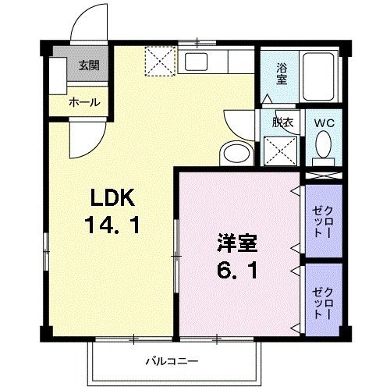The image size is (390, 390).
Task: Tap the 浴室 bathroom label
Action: tap(282, 74)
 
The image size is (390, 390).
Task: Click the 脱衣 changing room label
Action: tap(282, 122)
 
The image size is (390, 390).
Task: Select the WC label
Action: tap(323, 122)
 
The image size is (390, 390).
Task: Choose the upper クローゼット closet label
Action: tap(322, 221)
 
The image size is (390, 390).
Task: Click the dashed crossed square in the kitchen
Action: tap(160, 61)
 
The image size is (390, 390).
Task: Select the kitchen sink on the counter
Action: tap(195, 62)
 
